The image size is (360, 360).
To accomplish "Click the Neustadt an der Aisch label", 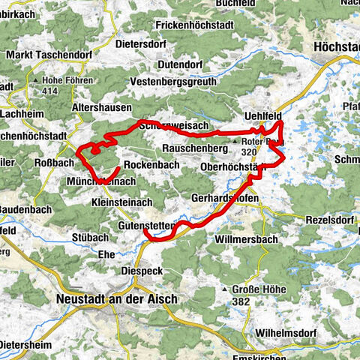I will (x=116, y=298).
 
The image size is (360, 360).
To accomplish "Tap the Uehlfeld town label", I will (x=263, y=115).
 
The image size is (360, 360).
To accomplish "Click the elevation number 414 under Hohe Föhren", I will (x=50, y=91).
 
